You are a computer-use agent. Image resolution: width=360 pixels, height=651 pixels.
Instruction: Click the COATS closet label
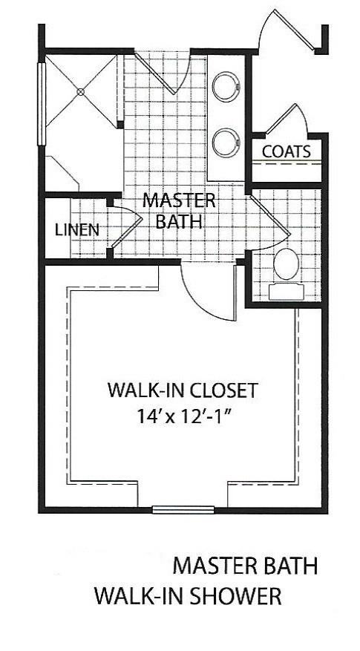(286, 151)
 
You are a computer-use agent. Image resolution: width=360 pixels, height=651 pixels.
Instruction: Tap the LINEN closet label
(77, 229)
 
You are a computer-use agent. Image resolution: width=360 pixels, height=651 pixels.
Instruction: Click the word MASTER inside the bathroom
(179, 200)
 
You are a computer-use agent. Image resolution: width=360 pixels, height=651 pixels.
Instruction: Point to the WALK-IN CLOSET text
(183, 389)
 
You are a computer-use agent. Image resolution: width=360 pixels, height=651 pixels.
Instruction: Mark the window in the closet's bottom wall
(183, 509)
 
